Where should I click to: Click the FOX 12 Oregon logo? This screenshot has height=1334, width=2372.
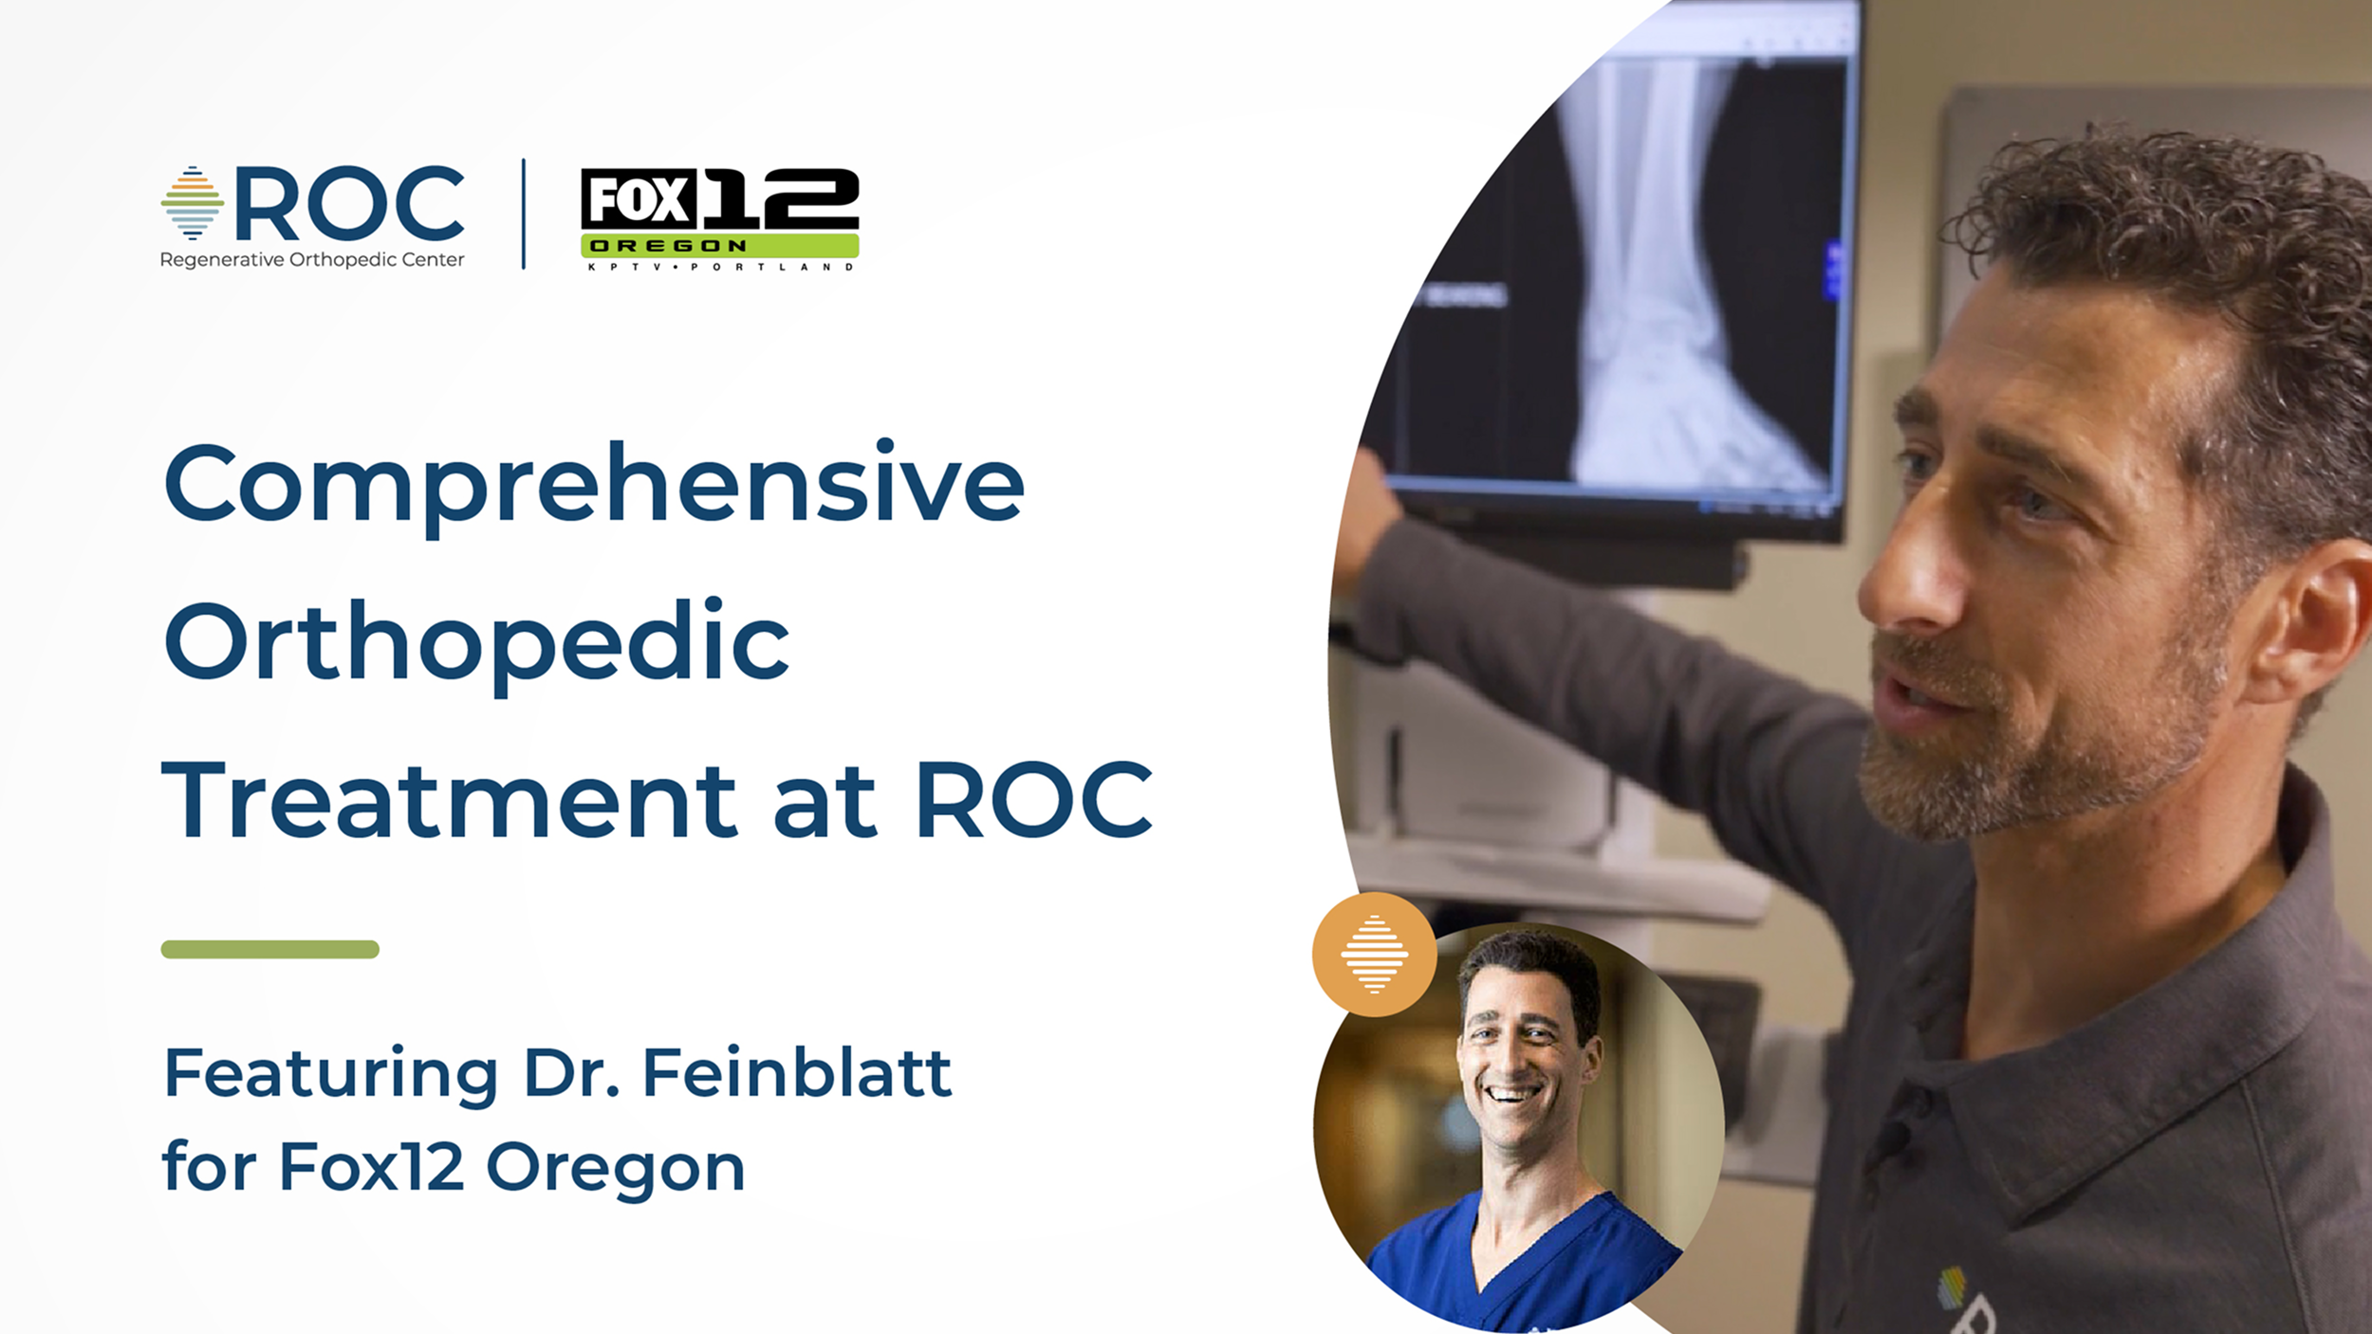719,219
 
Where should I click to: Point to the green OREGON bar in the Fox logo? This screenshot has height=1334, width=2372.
719,246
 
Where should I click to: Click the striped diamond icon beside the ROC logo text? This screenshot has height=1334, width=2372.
193,203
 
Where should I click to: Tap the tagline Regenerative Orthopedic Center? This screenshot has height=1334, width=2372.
312,260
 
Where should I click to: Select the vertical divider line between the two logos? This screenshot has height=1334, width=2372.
524,214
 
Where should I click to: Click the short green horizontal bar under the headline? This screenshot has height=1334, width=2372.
270,949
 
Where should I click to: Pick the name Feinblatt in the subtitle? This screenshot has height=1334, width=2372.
797,1074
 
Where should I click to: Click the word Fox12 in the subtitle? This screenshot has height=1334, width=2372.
371,1166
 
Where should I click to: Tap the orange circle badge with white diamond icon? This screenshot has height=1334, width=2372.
1374,954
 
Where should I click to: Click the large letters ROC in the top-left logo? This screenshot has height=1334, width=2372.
350,203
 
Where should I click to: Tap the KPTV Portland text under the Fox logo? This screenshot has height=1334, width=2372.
720,267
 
